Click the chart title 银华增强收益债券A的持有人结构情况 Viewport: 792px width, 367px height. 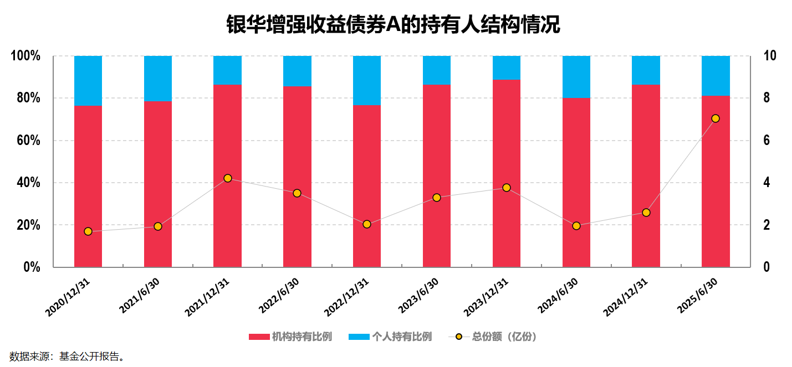pyautogui.click(x=393, y=25)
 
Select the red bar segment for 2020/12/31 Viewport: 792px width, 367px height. pyautogui.click(x=88, y=186)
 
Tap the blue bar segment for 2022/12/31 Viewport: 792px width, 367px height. pyautogui.click(x=367, y=80)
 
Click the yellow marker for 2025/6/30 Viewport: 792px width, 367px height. pyautogui.click(x=715, y=118)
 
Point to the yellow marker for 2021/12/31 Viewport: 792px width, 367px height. pyautogui.click(x=227, y=178)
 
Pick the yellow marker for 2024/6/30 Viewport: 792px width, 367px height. pyautogui.click(x=576, y=226)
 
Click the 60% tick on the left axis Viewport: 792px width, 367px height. pyautogui.click(x=27, y=141)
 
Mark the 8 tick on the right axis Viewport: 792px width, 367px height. pyautogui.click(x=767, y=98)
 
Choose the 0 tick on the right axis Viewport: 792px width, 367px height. pyautogui.click(x=767, y=267)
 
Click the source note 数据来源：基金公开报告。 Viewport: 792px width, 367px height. pyautogui.click(x=67, y=356)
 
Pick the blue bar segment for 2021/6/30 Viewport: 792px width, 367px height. pyautogui.click(x=158, y=79)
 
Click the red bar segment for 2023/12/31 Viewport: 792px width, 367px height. pyautogui.click(x=506, y=173)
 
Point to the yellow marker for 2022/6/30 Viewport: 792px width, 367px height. pyautogui.click(x=297, y=193)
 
